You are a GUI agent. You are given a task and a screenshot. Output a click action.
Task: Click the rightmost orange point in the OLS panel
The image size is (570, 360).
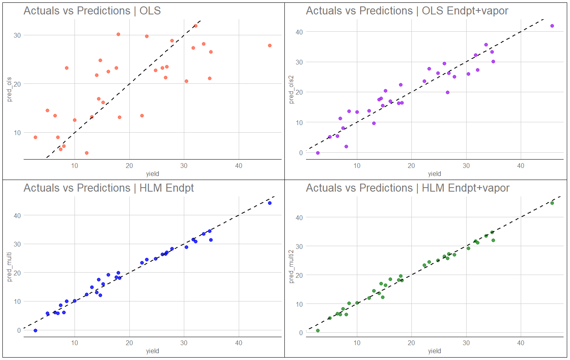point(270,46)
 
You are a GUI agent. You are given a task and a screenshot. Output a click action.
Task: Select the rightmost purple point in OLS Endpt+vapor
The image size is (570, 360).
point(552,26)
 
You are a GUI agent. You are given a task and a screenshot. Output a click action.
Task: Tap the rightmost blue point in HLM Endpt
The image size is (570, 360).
point(270,203)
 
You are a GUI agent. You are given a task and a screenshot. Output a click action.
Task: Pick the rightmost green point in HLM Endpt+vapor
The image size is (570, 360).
point(552,203)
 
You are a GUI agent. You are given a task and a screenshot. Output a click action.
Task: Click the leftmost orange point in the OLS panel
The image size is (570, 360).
point(35,138)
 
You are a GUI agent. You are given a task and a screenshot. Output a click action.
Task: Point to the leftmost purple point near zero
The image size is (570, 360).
point(318,153)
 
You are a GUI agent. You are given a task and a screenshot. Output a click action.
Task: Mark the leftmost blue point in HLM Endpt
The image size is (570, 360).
point(35,331)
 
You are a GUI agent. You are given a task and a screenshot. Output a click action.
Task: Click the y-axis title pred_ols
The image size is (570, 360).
point(9,89)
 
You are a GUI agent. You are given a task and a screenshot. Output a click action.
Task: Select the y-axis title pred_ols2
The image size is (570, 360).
point(291,89)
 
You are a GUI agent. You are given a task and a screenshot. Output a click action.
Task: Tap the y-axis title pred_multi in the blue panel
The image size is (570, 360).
point(9,267)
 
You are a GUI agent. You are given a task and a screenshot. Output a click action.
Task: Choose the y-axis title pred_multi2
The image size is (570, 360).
point(291,267)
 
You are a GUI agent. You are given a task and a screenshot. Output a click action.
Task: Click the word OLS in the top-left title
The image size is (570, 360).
point(150,11)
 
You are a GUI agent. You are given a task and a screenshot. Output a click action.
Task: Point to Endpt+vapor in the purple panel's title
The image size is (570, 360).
point(477,11)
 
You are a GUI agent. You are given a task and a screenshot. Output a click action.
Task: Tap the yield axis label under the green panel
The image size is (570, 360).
point(434,351)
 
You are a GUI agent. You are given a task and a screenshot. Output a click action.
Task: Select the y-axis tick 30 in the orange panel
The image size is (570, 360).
point(17,35)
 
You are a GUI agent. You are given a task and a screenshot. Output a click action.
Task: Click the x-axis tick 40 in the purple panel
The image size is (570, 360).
point(520,166)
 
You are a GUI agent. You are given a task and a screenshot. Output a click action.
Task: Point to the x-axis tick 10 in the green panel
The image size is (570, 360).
point(357,343)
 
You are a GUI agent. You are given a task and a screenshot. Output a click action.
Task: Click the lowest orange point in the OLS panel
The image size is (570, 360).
point(87,153)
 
